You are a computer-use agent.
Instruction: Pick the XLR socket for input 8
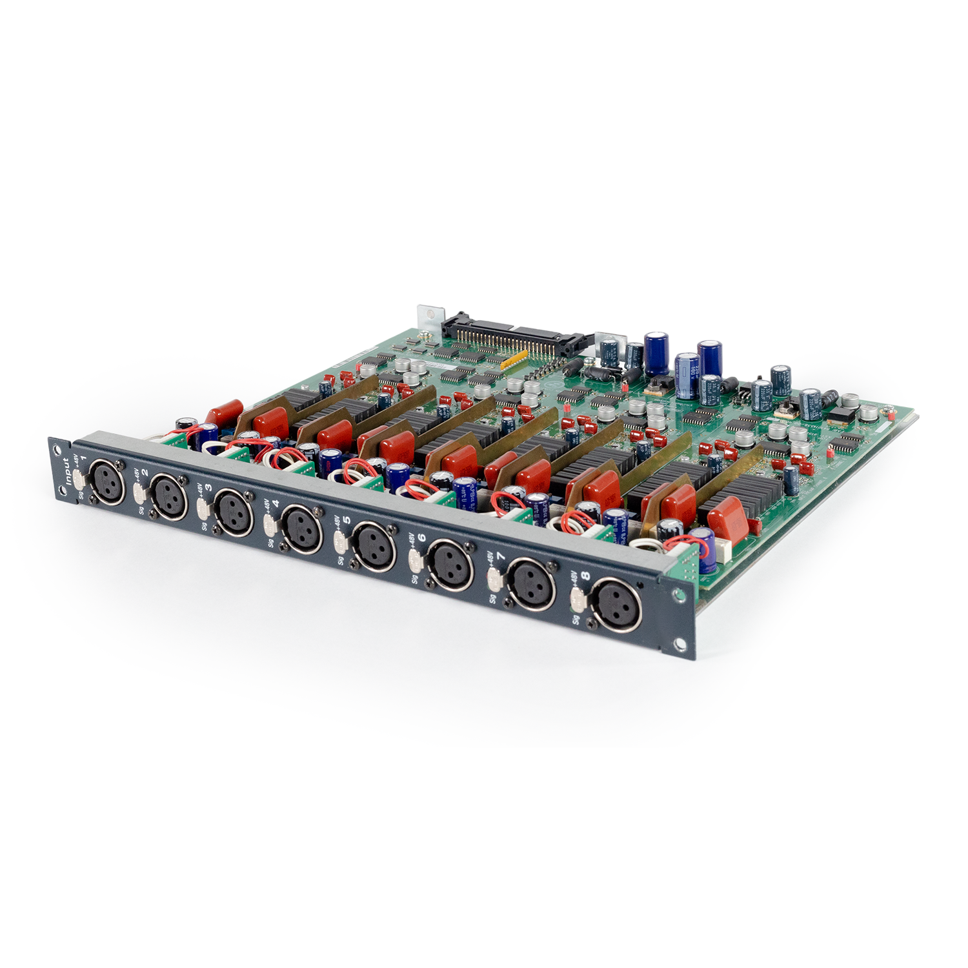pos(616,605)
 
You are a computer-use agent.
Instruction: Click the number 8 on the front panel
pos(585,576)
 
